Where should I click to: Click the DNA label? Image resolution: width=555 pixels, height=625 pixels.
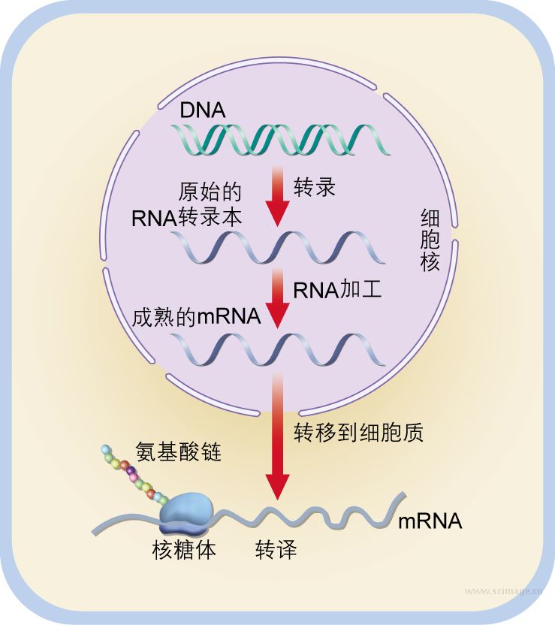[202, 110]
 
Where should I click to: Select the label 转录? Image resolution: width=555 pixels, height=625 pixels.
[314, 188]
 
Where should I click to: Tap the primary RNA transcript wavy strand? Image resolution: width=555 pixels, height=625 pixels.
[278, 246]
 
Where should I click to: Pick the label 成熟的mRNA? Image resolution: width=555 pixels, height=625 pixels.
[196, 316]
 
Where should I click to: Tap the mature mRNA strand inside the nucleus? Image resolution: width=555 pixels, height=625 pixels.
[278, 349]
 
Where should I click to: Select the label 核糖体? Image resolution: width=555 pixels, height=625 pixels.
[184, 551]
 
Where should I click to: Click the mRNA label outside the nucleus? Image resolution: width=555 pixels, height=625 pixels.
[430, 521]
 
